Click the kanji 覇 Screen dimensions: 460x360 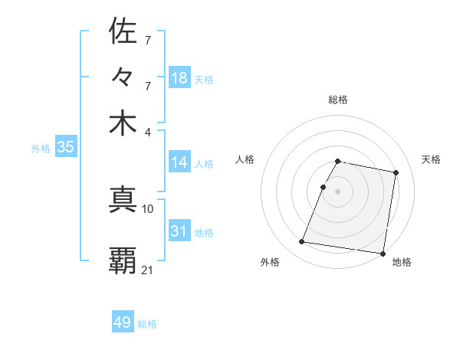(x=123, y=260)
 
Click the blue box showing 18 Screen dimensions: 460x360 (x=179, y=78)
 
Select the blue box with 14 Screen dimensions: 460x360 (x=179, y=162)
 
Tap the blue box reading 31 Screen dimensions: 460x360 (x=179, y=231)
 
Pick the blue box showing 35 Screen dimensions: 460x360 (x=65, y=147)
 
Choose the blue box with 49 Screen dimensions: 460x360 (x=123, y=322)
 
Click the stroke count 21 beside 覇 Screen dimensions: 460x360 (x=148, y=269)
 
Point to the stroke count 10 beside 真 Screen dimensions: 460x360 (x=148, y=208)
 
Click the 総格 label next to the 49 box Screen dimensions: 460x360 (x=147, y=324)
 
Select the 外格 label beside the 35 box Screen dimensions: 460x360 (x=41, y=149)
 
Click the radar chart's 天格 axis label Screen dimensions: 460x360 (x=431, y=159)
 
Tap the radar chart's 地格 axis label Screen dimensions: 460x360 (x=402, y=262)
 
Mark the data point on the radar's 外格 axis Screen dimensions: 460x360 (x=302, y=242)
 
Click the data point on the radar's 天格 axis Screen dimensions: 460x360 (x=396, y=173)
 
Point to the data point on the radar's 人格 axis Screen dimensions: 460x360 (x=324, y=187)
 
